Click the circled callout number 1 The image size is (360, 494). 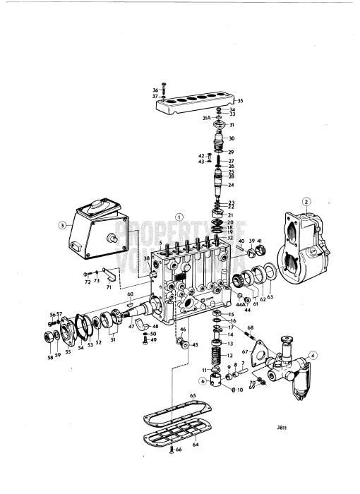(179, 217)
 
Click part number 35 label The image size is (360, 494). (240, 101)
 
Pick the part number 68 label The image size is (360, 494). (250, 327)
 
